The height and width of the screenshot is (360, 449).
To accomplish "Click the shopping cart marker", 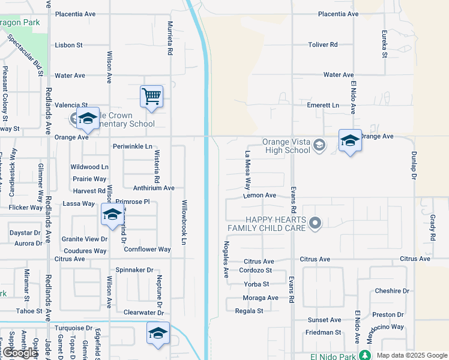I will [151, 96].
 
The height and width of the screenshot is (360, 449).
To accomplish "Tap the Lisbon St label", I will [68, 45].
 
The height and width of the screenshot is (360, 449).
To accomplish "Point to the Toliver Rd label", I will [323, 44].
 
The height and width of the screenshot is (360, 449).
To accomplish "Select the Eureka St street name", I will [384, 44].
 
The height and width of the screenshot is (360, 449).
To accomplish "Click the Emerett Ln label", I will [323, 105].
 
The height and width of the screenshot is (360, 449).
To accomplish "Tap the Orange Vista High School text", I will [286, 146].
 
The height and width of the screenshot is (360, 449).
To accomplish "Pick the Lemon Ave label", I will [259, 196].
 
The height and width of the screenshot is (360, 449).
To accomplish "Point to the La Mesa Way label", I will [247, 170].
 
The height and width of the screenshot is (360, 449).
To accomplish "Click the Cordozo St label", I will [256, 270].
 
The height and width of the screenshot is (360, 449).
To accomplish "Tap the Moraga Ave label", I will [261, 298].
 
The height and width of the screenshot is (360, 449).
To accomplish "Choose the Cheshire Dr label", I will [391, 291].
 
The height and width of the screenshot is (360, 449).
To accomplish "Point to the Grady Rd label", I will [432, 228].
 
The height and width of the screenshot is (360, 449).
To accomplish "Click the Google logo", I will [20, 353].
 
